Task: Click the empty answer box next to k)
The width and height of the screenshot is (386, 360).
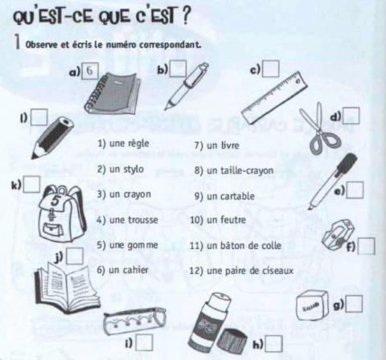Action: point(31,184)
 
